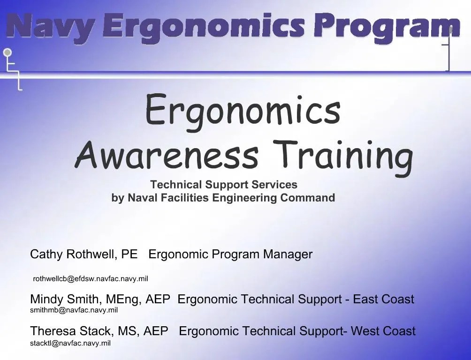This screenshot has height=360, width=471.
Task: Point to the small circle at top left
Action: (x=8, y=52)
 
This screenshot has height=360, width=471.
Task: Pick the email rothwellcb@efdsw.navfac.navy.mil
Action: (x=91, y=278)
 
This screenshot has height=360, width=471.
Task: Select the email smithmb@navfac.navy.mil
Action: (x=74, y=310)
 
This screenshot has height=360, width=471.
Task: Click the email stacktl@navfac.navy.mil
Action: (x=70, y=343)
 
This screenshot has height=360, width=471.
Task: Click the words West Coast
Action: (x=383, y=331)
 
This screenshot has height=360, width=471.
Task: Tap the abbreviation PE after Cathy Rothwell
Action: (x=129, y=255)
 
